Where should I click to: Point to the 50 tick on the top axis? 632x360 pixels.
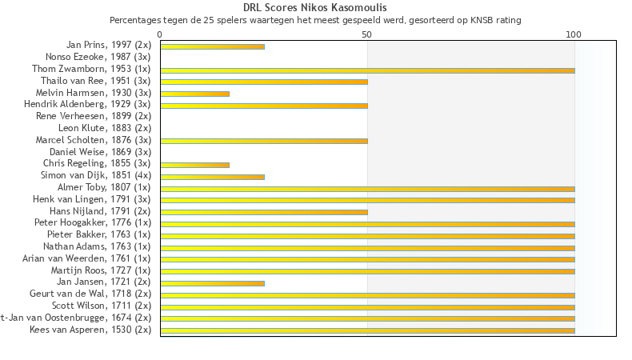(367, 34)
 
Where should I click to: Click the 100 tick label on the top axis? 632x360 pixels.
(574, 34)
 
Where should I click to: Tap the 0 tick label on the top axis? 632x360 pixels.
(160, 34)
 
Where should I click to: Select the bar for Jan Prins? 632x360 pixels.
(212, 46)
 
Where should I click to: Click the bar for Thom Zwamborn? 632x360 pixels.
(367, 70)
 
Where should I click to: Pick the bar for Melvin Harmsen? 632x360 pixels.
(194, 94)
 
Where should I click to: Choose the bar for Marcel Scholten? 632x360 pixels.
(264, 141)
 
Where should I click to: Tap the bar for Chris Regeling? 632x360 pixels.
(194, 165)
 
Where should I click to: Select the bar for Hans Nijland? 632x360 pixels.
(264, 212)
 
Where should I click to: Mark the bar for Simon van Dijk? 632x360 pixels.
(212, 176)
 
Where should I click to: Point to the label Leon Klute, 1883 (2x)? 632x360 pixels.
(105, 128)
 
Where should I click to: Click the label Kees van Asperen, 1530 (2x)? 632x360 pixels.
(90, 330)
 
